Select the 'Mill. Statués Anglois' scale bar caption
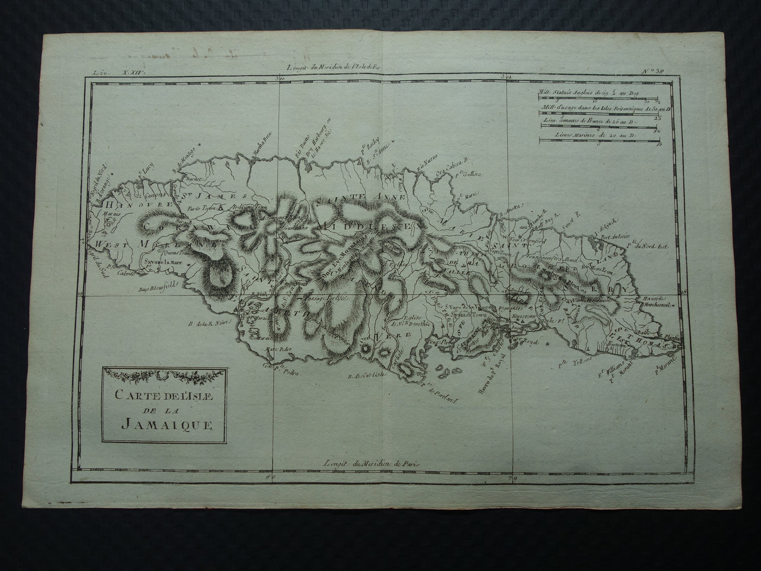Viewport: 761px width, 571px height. [587, 93]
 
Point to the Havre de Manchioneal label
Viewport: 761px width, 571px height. [656, 301]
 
